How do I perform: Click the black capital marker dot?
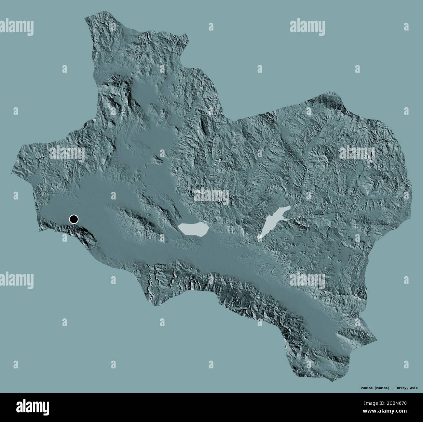pyautogui.click(x=74, y=220)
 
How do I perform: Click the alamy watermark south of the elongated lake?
pyautogui.click(x=307, y=279)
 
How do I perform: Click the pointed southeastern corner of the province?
pyautogui.click(x=377, y=341)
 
